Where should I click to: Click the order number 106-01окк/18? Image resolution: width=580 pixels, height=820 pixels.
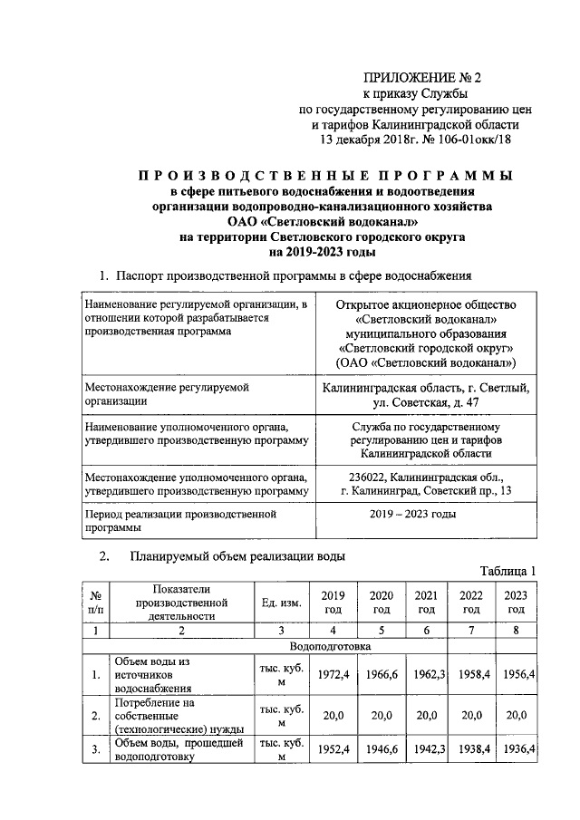470,140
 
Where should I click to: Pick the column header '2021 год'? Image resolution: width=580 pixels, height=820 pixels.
425,603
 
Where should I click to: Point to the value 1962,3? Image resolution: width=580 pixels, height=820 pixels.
425,675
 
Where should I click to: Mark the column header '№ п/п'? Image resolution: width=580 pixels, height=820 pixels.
94,603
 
